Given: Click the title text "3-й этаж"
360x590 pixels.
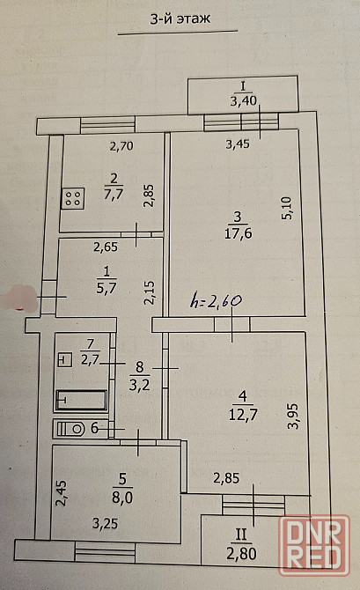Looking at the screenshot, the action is click(180, 18).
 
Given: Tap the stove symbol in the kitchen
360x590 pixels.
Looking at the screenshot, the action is click(72, 199).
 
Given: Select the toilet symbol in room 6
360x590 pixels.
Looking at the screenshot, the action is click(72, 428).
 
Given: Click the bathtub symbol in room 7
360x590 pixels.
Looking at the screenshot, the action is click(81, 400).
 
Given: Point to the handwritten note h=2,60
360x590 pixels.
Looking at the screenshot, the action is click(216, 301).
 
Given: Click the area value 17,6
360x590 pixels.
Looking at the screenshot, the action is click(239, 233).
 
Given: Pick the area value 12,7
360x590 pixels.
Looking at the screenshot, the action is click(243, 415).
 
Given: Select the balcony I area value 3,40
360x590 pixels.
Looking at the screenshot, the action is click(243, 101).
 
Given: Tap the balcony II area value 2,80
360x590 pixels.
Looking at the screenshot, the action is click(241, 554).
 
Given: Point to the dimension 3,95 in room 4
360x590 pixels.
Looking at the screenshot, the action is click(292, 417).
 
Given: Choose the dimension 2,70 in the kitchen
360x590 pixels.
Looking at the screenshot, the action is click(121, 145).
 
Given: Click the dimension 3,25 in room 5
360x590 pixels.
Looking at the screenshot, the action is click(106, 523).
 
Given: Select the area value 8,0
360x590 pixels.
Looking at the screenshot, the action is click(122, 498).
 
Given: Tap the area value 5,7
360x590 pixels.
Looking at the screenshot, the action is click(107, 288).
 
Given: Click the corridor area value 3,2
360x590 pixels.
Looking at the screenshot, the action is click(140, 385).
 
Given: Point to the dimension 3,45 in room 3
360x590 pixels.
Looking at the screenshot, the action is click(238, 144).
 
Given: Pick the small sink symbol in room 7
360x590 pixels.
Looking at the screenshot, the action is click(65, 360).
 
